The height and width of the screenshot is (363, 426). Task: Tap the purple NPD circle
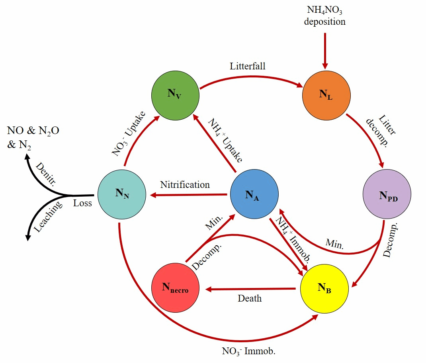click(387, 195)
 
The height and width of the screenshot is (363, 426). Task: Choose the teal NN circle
click(121, 194)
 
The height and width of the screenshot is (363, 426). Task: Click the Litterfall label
click(248, 66)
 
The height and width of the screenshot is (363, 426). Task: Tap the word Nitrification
click(185, 185)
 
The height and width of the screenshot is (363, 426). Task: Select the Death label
click(250, 298)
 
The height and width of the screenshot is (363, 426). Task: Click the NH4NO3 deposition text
click(325, 16)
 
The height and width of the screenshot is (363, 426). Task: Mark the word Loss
click(82, 203)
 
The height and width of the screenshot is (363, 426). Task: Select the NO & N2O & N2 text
click(33, 138)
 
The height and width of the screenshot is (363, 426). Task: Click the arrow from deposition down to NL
click(325, 50)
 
